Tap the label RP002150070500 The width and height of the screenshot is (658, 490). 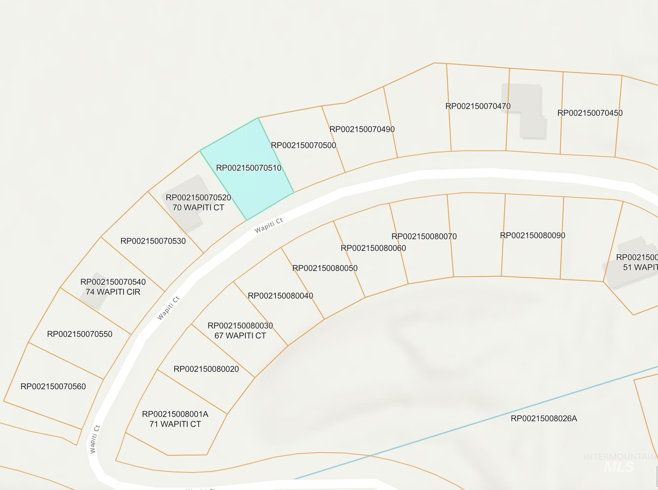303,145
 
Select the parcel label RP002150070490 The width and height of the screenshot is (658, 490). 362,129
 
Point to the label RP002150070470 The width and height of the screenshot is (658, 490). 478,106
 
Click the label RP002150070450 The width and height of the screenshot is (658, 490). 590,113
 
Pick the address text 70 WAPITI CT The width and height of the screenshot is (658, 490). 198,208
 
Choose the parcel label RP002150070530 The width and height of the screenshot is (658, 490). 153,241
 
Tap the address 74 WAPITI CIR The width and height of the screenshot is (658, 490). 113,292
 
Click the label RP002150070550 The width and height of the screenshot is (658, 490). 80,334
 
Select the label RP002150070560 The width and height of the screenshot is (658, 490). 53,387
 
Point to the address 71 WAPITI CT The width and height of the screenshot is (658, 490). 175,424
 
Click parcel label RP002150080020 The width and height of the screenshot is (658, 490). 206,369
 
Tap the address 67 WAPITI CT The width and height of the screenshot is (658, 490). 240,336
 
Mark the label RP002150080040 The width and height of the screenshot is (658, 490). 280,296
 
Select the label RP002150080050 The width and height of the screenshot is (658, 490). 325,268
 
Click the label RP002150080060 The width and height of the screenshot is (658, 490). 373,248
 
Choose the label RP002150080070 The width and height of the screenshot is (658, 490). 424,237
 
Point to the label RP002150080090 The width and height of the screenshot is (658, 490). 532,236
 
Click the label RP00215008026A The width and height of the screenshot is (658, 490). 544,419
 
